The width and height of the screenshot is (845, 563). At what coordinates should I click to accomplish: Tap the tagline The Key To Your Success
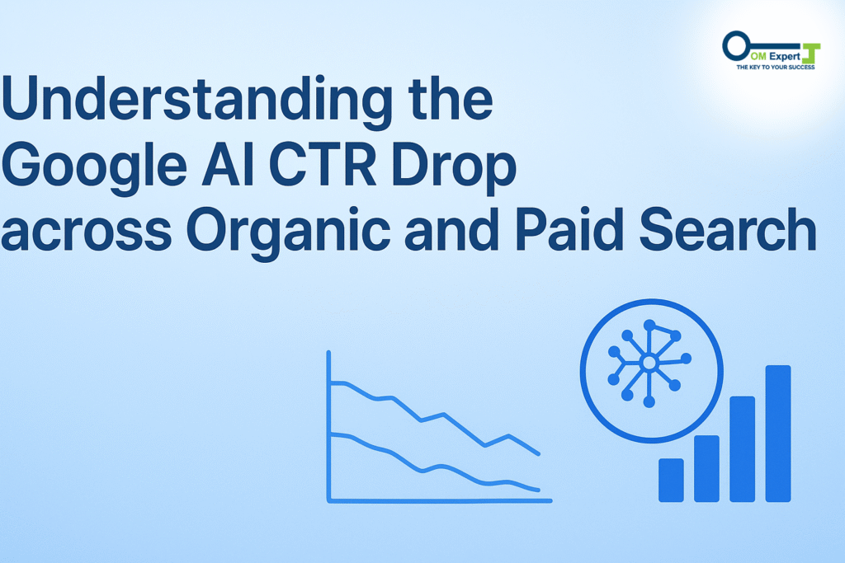(776, 67)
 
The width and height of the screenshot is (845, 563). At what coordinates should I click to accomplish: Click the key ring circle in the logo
(735, 46)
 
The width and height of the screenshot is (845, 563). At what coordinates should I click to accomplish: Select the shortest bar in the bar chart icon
(671, 480)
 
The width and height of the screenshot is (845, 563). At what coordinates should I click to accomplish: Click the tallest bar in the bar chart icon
(778, 434)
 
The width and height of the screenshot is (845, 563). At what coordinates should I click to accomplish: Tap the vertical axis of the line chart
(329, 425)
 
